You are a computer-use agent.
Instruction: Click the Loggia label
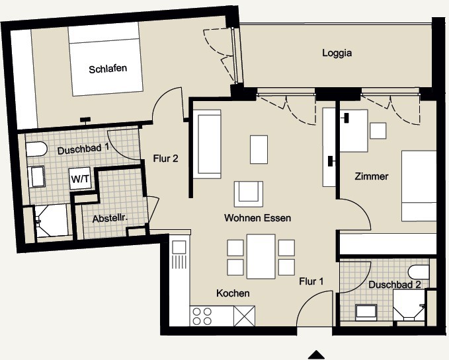pos(337,54)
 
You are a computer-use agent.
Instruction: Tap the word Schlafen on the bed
pos(108,69)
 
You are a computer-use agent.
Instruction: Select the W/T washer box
pos(80,178)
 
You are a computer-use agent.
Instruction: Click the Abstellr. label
pos(110,219)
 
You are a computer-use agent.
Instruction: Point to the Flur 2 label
pos(165,159)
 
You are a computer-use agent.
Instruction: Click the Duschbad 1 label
pos(83,149)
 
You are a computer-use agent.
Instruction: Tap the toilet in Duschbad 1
pos(36,149)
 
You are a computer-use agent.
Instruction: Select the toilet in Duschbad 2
pos(419,271)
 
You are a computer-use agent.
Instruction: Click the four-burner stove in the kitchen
pos(202,316)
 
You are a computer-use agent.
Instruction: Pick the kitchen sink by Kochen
pos(179,247)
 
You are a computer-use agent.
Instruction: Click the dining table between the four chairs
pos(261,256)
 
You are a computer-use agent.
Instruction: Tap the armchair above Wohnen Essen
pos(248,194)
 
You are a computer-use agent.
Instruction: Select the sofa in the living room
pos(207,144)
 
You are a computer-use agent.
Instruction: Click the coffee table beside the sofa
pos(259,149)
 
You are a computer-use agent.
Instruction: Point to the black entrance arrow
pos(316,355)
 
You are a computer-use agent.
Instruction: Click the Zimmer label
pos(372,176)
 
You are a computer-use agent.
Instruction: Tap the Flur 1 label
pos(311,281)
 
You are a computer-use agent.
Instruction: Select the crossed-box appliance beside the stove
pos(244,316)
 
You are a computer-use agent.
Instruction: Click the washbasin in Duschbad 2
pos(366,312)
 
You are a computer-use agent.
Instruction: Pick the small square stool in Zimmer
pos(378,131)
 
